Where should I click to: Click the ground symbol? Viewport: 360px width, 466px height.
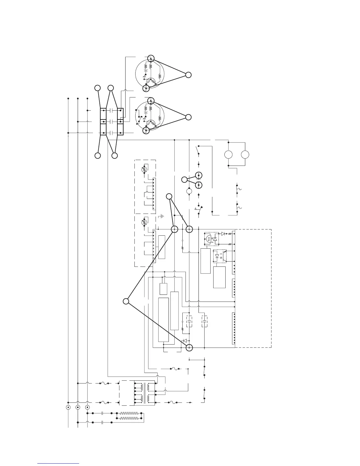coord(162,217)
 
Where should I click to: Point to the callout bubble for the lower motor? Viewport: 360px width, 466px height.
coord(188,117)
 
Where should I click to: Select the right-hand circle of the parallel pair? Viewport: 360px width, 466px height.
coord(245,154)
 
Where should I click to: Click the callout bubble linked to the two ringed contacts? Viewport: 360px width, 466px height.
coord(184,179)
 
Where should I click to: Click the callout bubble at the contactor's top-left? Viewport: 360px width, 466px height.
coord(97,88)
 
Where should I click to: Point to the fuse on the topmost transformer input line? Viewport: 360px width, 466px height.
coord(104,383)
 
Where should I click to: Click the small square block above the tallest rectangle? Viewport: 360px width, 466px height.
coord(163,289)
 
